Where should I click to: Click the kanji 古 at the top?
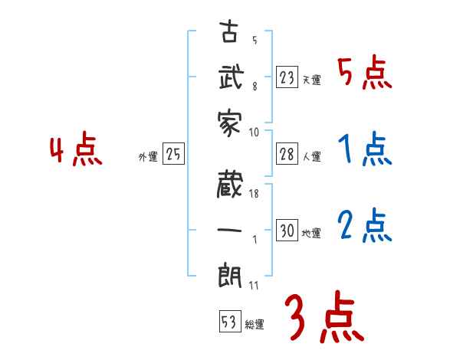click(231, 34)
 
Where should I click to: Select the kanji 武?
click(231, 78)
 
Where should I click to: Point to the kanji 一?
click(231, 229)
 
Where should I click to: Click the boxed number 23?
click(287, 78)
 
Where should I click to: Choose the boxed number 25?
click(173, 155)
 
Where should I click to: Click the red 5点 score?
click(364, 74)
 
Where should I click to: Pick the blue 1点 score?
click(364, 150)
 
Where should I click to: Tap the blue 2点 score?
click(364, 227)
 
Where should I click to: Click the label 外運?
click(148, 157)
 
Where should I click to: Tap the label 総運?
click(255, 325)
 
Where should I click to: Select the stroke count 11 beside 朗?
click(254, 285)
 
